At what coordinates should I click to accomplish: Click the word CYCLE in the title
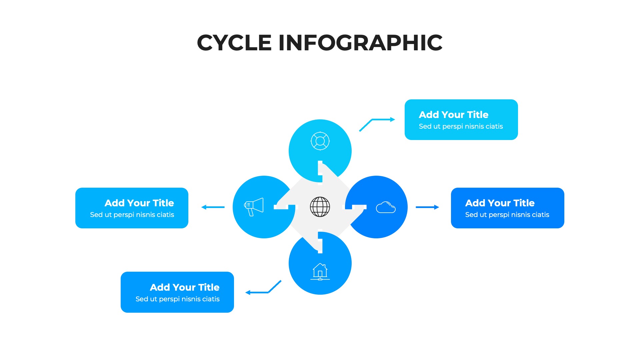[234, 43]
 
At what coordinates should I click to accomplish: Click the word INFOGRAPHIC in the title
[360, 43]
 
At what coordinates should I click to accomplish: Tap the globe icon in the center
[320, 207]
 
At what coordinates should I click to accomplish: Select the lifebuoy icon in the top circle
[320, 141]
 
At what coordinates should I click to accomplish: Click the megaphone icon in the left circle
[254, 207]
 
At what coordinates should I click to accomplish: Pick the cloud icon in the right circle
[386, 207]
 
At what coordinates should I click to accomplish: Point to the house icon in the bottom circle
[320, 271]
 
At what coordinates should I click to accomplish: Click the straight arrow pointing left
[213, 207]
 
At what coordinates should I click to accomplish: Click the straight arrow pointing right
[427, 207]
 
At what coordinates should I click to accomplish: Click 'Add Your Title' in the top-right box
[453, 115]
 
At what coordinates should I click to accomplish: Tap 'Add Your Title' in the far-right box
[500, 203]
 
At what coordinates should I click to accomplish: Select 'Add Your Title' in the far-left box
[139, 203]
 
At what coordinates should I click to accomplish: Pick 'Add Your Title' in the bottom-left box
[184, 287]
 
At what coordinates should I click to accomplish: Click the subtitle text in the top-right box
[461, 126]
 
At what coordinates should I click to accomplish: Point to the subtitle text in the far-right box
[507, 215]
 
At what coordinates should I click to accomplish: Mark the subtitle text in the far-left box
[132, 215]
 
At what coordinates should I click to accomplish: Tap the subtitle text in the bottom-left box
[177, 299]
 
